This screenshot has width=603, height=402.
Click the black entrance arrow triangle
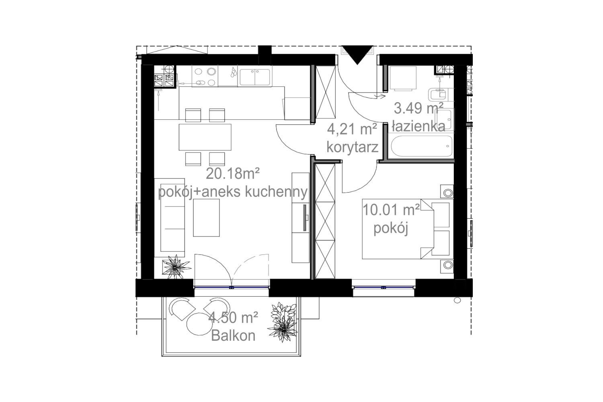point(357,54)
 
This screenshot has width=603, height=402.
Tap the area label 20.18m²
point(233,174)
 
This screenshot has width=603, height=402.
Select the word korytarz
point(353,147)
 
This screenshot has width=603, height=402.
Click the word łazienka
point(418,126)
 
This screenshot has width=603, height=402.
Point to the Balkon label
point(233,336)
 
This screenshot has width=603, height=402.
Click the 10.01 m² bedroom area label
point(391,210)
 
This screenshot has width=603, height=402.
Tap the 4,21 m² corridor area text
point(352,129)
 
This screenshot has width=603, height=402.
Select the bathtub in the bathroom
point(422,146)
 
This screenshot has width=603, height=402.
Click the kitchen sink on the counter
point(254,77)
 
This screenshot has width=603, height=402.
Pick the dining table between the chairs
point(205,137)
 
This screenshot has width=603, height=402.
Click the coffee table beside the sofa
point(206,217)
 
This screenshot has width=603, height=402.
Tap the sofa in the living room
point(170,217)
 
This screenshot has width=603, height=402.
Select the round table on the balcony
point(199,324)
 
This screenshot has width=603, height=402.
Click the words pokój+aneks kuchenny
point(233,192)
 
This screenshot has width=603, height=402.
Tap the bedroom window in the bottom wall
point(384,287)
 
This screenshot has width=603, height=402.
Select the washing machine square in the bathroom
point(403,78)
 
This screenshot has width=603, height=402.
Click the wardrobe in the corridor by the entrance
point(326,92)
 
